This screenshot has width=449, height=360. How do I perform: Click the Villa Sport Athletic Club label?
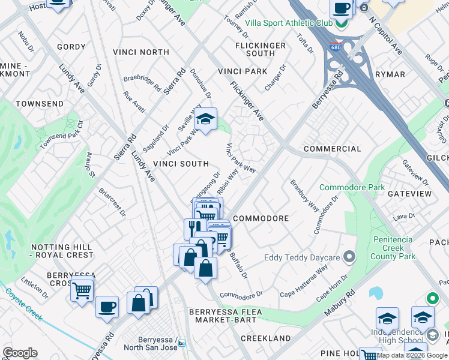click(289, 23)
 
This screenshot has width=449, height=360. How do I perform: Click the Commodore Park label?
click(352, 187)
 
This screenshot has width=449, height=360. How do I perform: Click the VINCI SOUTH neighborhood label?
click(181, 164)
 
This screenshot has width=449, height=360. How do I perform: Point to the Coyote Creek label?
click(24, 304)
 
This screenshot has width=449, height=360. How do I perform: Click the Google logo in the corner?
click(19, 353)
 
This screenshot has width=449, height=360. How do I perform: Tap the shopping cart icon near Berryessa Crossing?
click(82, 291)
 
